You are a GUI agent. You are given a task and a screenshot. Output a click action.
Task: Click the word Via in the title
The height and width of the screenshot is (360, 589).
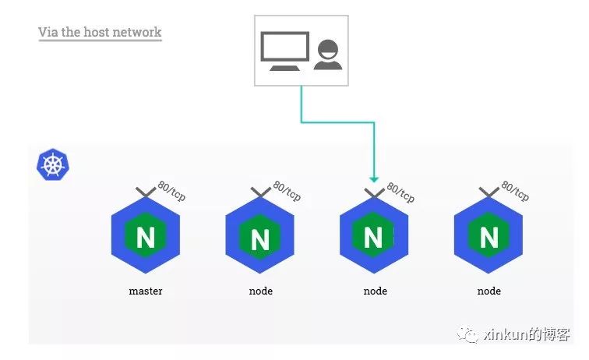point(48,32)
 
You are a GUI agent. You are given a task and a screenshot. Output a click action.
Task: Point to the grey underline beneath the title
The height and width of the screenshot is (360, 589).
point(100,41)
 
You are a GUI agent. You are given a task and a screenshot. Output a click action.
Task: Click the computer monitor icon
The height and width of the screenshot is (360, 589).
point(284,48)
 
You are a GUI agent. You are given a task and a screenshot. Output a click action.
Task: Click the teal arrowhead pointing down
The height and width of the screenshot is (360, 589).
point(374,178)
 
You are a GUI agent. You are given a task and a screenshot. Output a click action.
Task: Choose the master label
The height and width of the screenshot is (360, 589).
point(146,291)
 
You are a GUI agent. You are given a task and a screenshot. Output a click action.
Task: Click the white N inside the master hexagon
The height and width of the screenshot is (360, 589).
point(146,236)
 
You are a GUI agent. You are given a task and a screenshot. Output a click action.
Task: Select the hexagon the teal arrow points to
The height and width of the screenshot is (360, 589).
point(374,236)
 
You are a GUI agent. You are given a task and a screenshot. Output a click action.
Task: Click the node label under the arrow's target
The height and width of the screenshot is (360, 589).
point(375,291)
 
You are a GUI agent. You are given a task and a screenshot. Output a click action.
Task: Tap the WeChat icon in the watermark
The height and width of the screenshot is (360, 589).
point(469,334)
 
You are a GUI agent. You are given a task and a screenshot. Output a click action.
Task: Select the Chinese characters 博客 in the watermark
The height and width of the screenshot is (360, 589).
point(558,334)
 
